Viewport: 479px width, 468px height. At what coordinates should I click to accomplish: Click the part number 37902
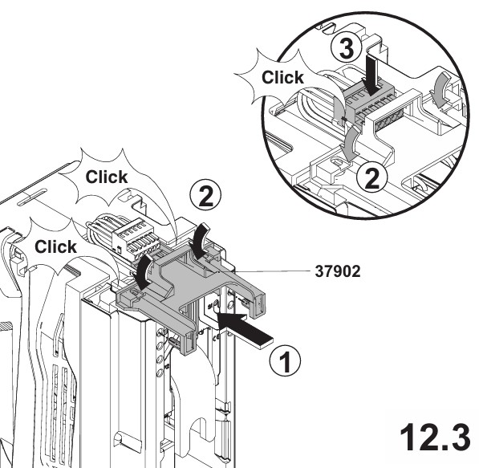pos(338,271)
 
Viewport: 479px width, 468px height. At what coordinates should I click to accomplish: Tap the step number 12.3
pos(435,437)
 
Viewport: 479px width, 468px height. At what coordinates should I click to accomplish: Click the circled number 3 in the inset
pos(347,49)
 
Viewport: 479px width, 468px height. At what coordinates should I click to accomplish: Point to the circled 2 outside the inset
pos(205,195)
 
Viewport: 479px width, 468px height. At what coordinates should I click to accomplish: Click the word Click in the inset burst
pos(282,77)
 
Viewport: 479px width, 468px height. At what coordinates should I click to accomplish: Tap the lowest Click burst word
pos(55,246)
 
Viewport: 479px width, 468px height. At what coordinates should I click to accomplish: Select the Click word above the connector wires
pos(107,177)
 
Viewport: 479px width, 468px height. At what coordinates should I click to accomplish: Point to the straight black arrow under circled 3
pos(371,75)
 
